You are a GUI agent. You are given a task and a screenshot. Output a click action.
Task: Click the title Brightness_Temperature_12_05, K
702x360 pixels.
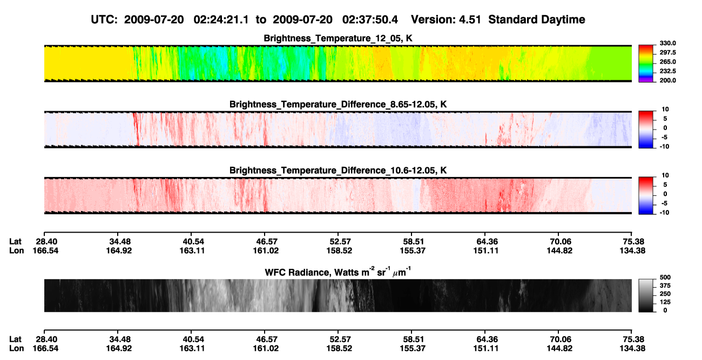[x=338, y=38]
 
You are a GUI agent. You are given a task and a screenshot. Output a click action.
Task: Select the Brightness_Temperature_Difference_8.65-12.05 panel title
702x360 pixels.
[x=338, y=104]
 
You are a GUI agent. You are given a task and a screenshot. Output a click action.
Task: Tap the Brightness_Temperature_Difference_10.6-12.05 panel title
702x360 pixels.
[x=338, y=171]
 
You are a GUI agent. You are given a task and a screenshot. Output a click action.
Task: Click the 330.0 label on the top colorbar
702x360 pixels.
[x=667, y=43]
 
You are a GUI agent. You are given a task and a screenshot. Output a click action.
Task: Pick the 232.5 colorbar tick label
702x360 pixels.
[x=667, y=71]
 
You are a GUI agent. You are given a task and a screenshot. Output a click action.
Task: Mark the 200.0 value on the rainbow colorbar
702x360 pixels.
[x=667, y=80]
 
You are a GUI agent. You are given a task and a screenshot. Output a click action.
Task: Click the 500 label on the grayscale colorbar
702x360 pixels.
[x=665, y=277]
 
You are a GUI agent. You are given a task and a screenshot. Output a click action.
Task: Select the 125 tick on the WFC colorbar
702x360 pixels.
[x=665, y=302]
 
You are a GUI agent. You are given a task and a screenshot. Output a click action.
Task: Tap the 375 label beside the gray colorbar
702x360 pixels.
[x=665, y=286]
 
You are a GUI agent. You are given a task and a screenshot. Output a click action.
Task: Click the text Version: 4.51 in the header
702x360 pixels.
[x=446, y=19]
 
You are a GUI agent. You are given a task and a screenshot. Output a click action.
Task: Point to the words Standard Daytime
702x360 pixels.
[x=537, y=19]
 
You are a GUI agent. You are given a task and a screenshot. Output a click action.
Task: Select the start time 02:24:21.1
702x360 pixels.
[x=221, y=19]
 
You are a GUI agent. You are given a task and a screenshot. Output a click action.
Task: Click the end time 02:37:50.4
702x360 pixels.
[x=370, y=19]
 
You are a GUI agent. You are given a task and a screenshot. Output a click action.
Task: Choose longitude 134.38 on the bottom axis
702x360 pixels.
[x=632, y=349]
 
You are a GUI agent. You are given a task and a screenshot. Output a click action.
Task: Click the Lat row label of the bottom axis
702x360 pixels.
[x=15, y=339]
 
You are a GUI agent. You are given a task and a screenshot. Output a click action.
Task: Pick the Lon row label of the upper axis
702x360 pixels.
[x=17, y=250]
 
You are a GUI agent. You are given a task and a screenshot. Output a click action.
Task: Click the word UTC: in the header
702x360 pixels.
[x=104, y=19]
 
